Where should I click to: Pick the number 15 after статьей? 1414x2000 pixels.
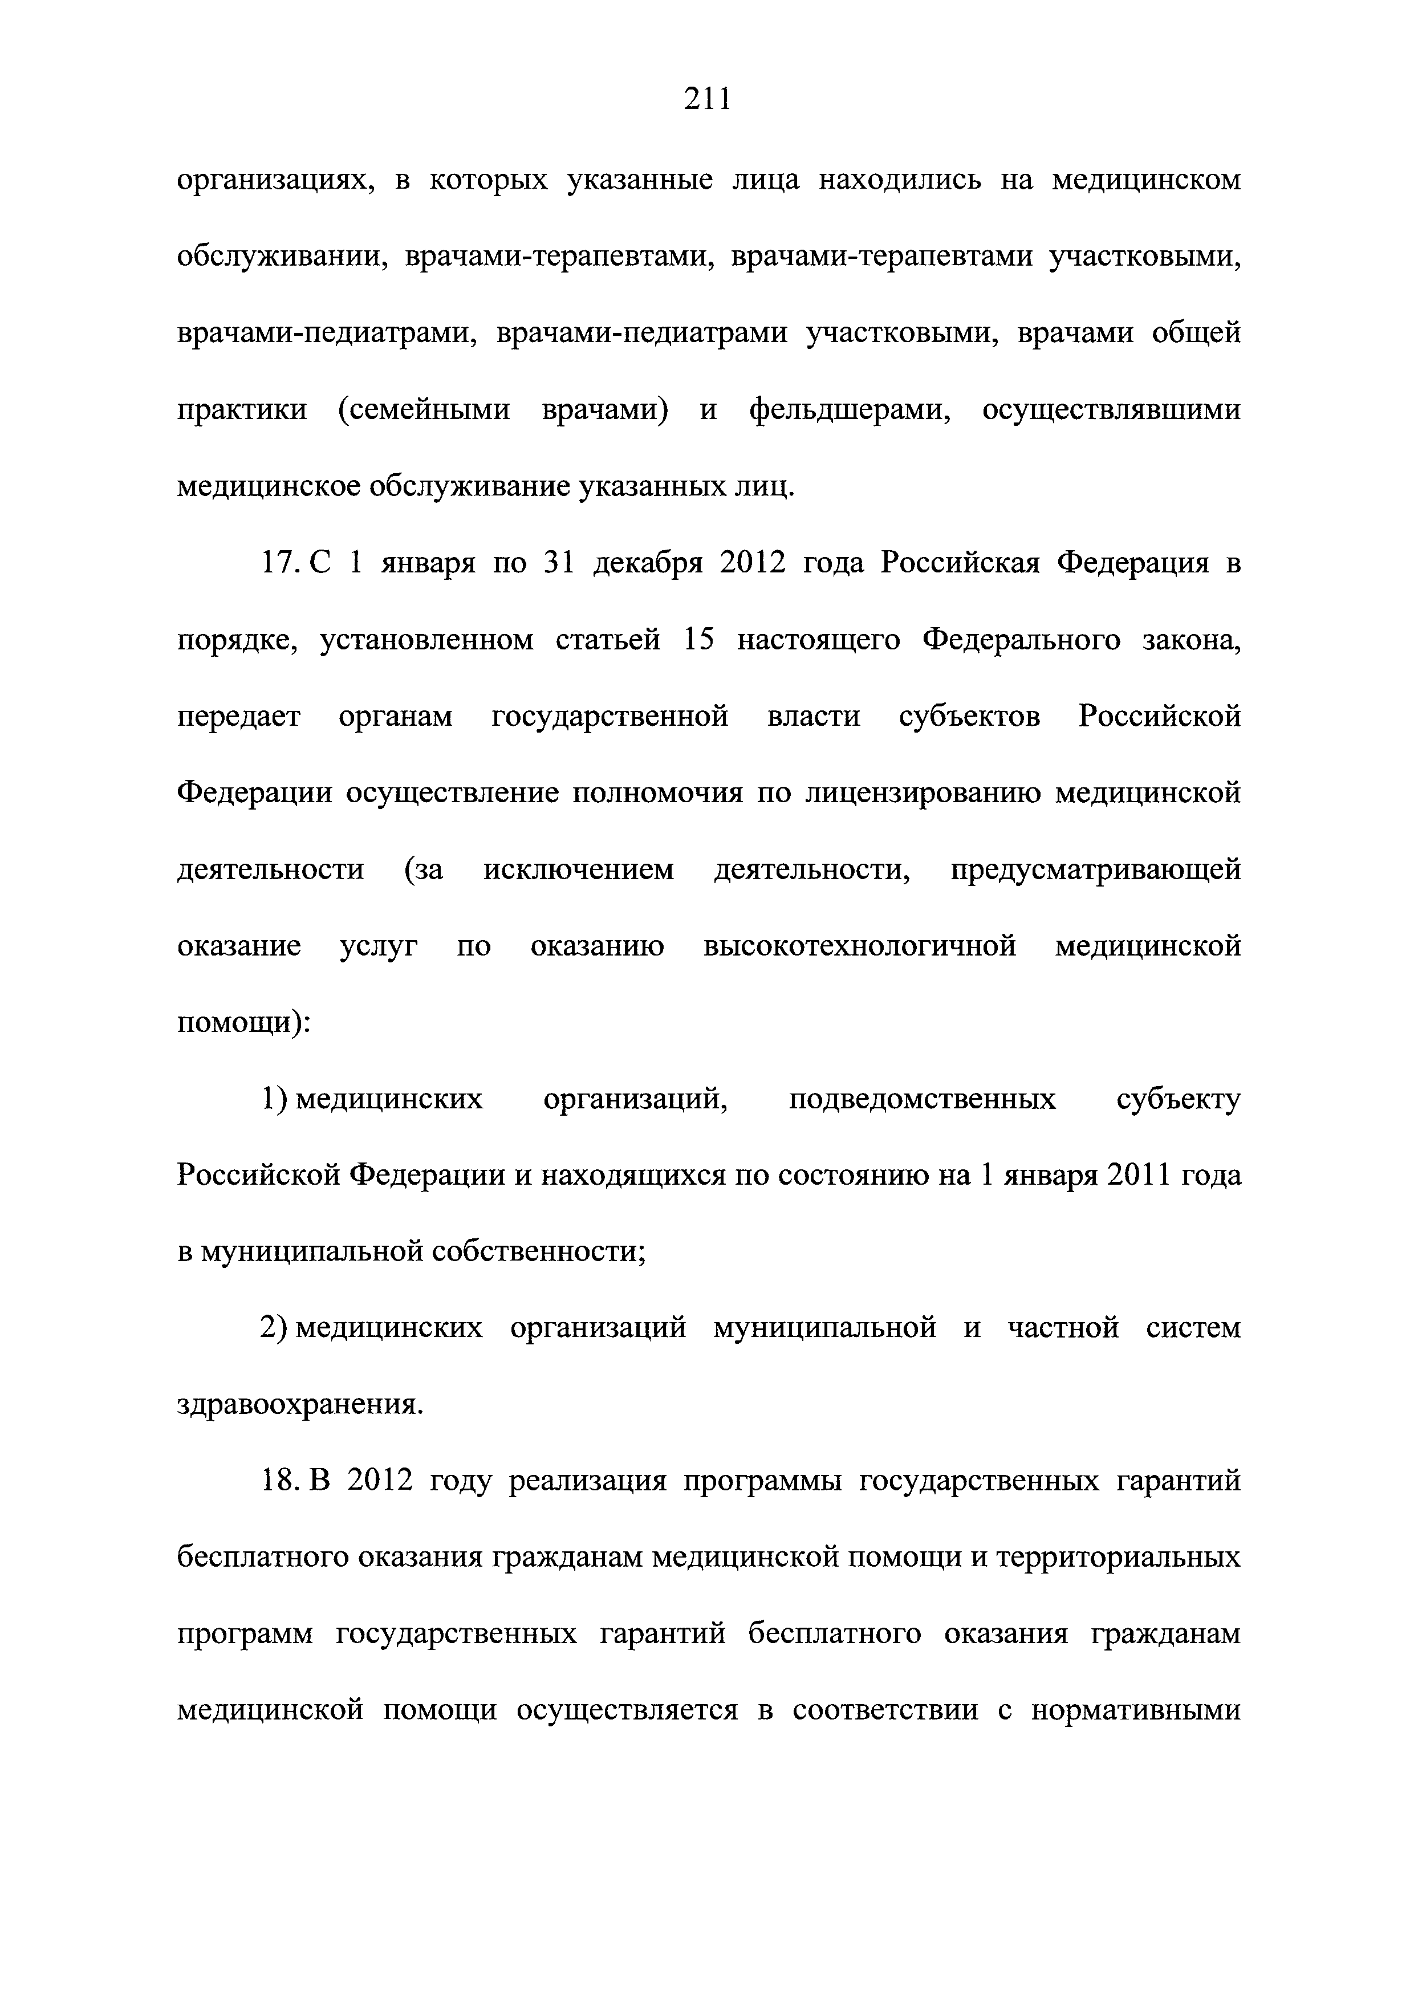pos(698,640)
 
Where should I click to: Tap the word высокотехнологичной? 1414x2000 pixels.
pos(860,946)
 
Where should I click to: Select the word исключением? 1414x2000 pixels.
pos(579,870)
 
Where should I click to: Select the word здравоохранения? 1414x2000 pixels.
pos(298,1405)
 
